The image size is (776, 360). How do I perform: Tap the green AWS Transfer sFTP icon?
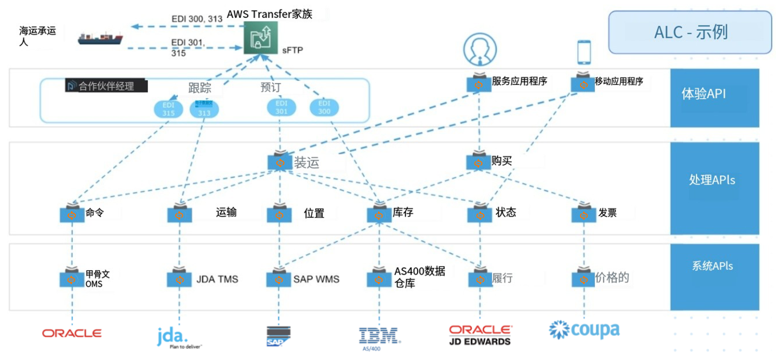pyautogui.click(x=261, y=38)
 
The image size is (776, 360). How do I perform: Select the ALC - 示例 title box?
pyautogui.click(x=690, y=32)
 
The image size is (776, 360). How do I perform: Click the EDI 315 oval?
pyautogui.click(x=168, y=109)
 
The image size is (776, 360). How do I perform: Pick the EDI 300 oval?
pyautogui.click(x=324, y=107)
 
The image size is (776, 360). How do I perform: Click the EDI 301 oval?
pyautogui.click(x=281, y=107)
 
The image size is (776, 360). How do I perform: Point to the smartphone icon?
pyautogui.click(x=584, y=52)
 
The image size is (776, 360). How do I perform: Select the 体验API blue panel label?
pyautogui.click(x=703, y=94)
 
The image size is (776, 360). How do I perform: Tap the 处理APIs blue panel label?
pyautogui.click(x=712, y=180)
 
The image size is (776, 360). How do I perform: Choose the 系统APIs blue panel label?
pyautogui.click(x=712, y=266)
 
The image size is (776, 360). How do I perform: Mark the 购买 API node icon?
pyautogui.click(x=478, y=161)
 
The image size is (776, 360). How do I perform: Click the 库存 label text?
pyautogui.click(x=403, y=212)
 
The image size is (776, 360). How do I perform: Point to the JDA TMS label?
pyautogui.click(x=217, y=279)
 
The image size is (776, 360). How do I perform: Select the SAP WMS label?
pyautogui.click(x=316, y=279)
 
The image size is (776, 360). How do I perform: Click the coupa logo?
pyautogui.click(x=584, y=330)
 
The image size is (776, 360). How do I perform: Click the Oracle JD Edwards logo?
pyautogui.click(x=480, y=335)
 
